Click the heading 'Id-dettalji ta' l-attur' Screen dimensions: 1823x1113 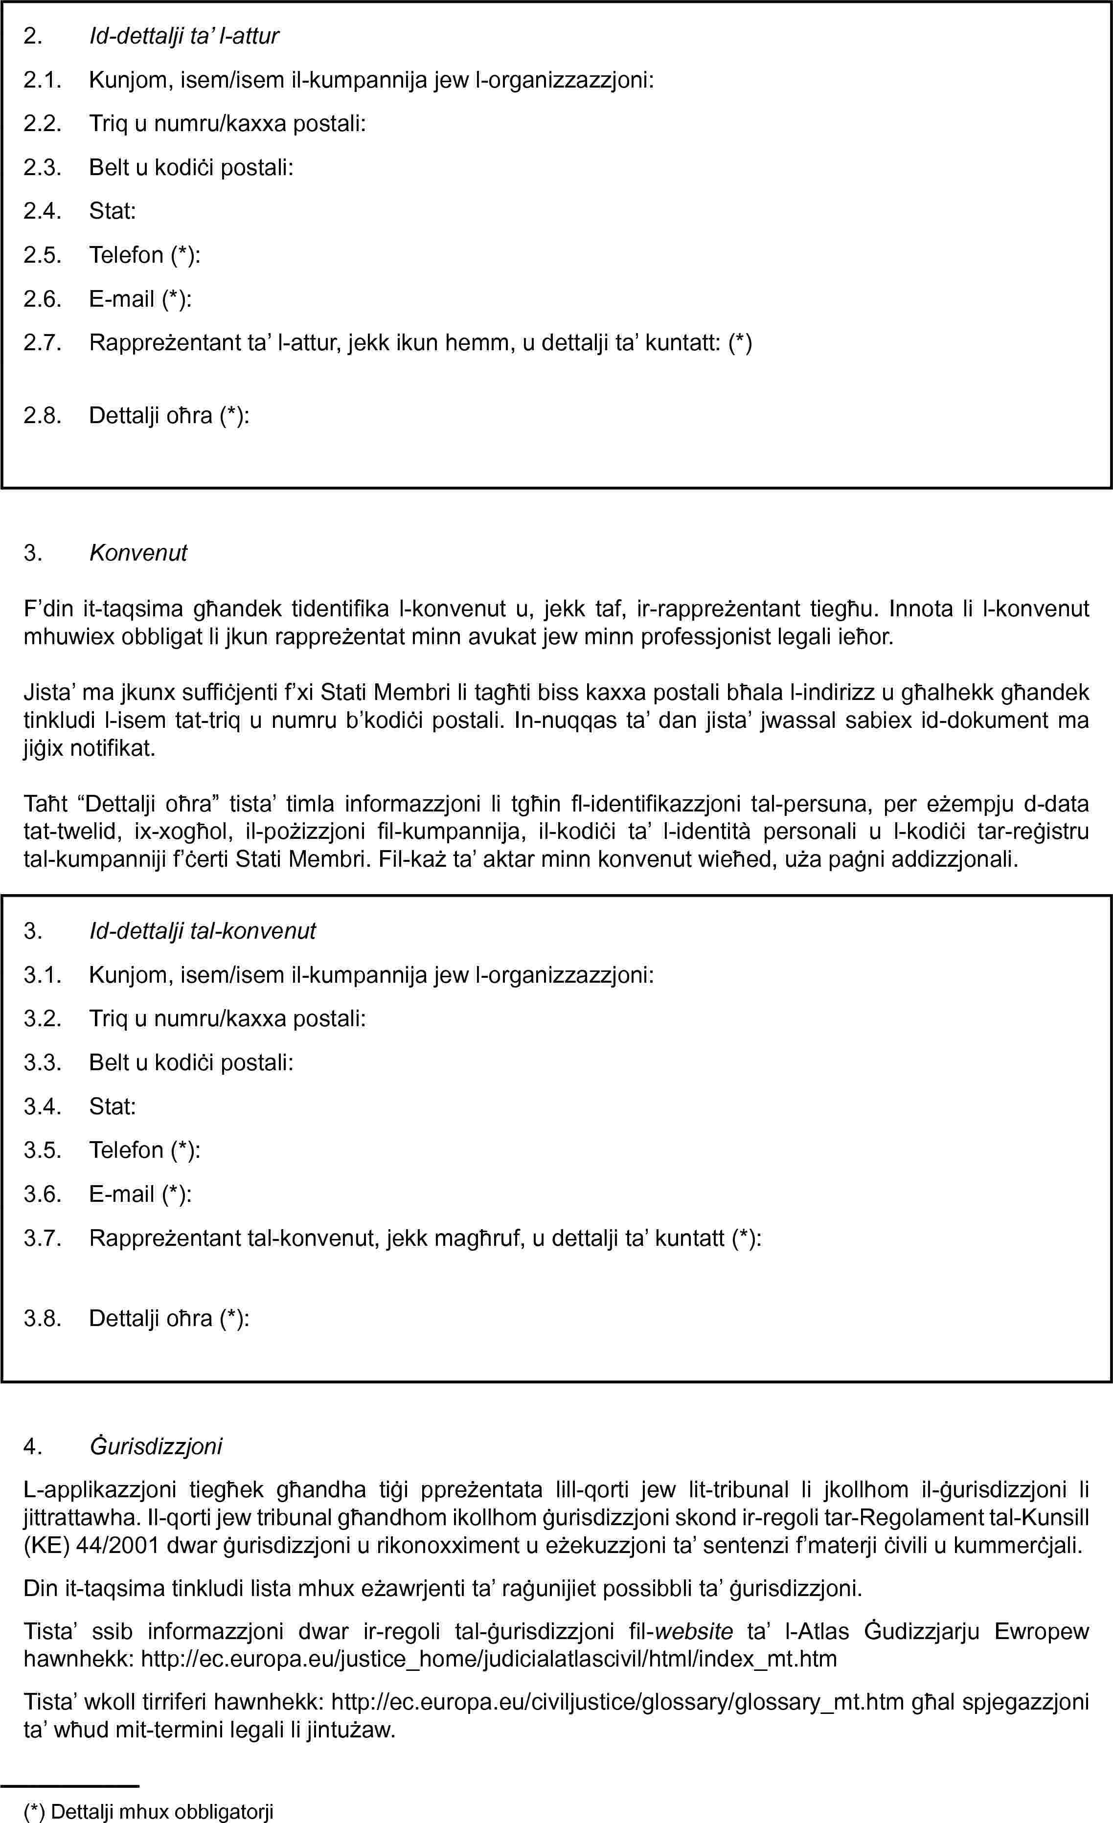(x=183, y=36)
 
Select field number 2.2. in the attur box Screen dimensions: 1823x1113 (x=42, y=124)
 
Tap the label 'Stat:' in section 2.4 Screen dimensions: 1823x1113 (x=113, y=212)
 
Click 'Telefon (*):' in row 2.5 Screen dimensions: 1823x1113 (x=145, y=255)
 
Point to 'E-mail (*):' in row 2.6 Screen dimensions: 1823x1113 (x=140, y=299)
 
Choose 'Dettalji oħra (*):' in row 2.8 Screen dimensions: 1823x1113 (x=169, y=416)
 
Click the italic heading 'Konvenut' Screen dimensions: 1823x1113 (x=138, y=553)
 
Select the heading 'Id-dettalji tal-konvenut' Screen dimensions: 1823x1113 (x=202, y=931)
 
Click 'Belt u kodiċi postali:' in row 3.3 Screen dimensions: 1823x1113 (x=191, y=1062)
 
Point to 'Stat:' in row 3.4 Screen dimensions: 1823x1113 (x=113, y=1107)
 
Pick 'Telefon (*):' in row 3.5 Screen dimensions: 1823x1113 (x=145, y=1150)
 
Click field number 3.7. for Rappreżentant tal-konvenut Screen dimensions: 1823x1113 (x=42, y=1238)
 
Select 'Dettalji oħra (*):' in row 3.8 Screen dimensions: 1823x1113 (x=169, y=1318)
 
